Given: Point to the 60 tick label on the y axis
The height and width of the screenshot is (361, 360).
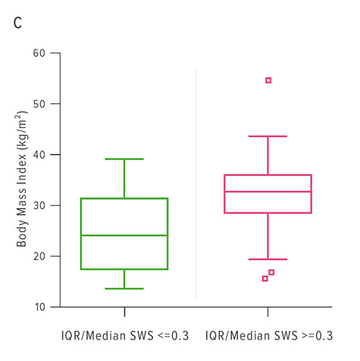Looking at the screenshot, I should tap(40, 53).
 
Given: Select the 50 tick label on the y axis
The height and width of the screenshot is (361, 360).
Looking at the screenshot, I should tap(40, 104).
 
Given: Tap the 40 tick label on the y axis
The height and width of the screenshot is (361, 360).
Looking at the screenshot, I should tap(40, 155).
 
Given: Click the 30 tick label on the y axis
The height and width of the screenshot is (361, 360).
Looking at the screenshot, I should tap(40, 206).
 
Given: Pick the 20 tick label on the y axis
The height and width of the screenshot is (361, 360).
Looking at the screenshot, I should tap(40, 257).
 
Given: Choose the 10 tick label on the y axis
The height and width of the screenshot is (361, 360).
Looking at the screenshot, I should tap(40, 307).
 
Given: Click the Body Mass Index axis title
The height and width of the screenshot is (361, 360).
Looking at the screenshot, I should tap(22, 180).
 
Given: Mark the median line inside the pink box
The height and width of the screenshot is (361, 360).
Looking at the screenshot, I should tap(268, 191).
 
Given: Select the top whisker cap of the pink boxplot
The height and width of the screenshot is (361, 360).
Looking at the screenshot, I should tap(268, 136).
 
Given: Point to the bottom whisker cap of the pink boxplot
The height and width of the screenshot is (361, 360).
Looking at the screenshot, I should tap(268, 259).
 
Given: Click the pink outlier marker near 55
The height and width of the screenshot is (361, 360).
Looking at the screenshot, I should tap(269, 81).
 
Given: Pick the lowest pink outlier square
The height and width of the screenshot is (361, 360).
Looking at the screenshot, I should tap(265, 278).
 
